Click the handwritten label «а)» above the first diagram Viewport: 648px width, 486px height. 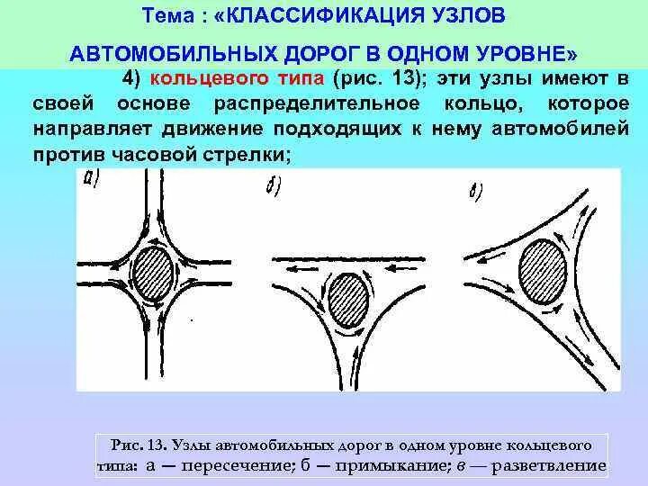[93, 179]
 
